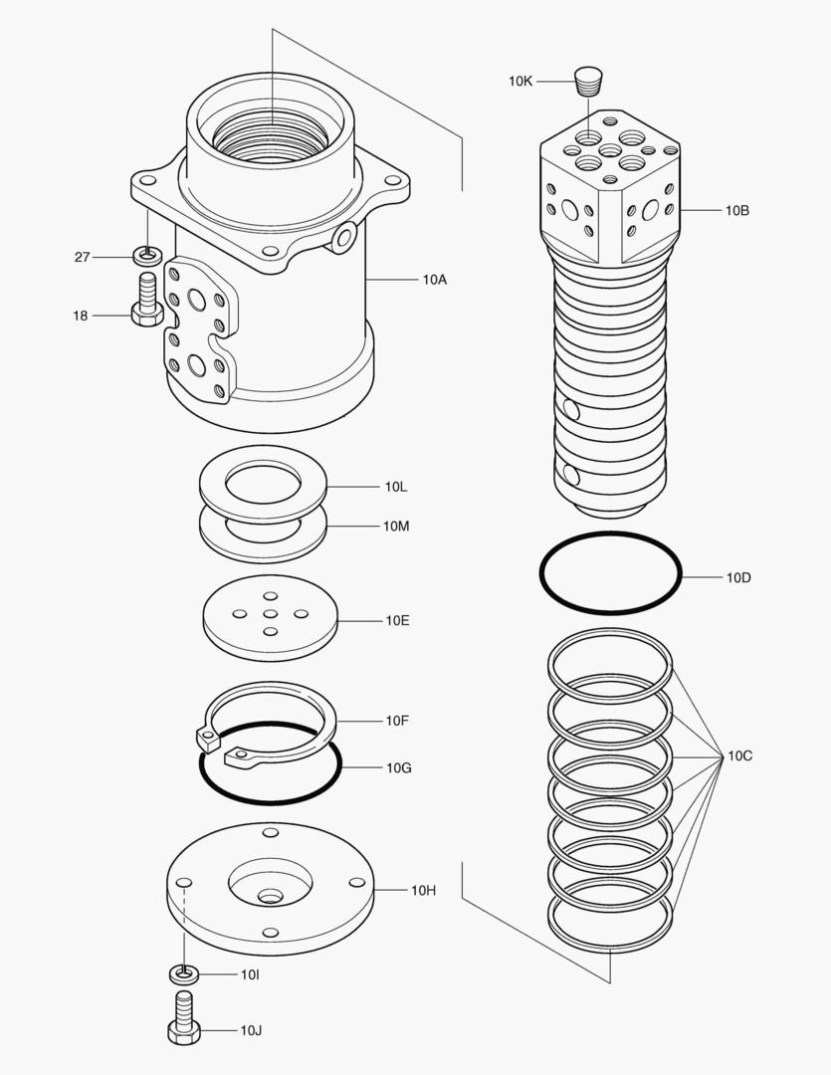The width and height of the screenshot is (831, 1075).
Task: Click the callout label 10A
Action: (434, 280)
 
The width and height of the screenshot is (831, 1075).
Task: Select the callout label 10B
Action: (736, 210)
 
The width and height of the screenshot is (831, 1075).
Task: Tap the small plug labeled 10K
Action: (589, 80)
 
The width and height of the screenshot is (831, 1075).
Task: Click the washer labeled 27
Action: (147, 256)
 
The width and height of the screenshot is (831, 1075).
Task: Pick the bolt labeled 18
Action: (147, 305)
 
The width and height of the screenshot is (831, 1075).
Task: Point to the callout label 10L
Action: (395, 487)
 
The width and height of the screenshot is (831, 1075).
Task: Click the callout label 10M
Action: (395, 526)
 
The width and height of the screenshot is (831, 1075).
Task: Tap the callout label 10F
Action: (396, 720)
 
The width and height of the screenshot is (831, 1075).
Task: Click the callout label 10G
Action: (398, 767)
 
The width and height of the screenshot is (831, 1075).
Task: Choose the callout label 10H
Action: (423, 890)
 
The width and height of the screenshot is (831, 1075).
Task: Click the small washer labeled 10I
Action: (183, 972)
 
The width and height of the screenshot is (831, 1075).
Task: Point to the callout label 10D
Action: (738, 577)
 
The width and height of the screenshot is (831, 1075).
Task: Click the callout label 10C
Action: (739, 755)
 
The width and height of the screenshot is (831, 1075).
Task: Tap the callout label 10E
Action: (397, 620)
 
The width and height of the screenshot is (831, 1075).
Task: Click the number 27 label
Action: (82, 257)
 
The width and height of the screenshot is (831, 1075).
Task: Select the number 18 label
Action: (80, 316)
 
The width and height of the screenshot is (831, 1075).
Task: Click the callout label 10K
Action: (519, 81)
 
